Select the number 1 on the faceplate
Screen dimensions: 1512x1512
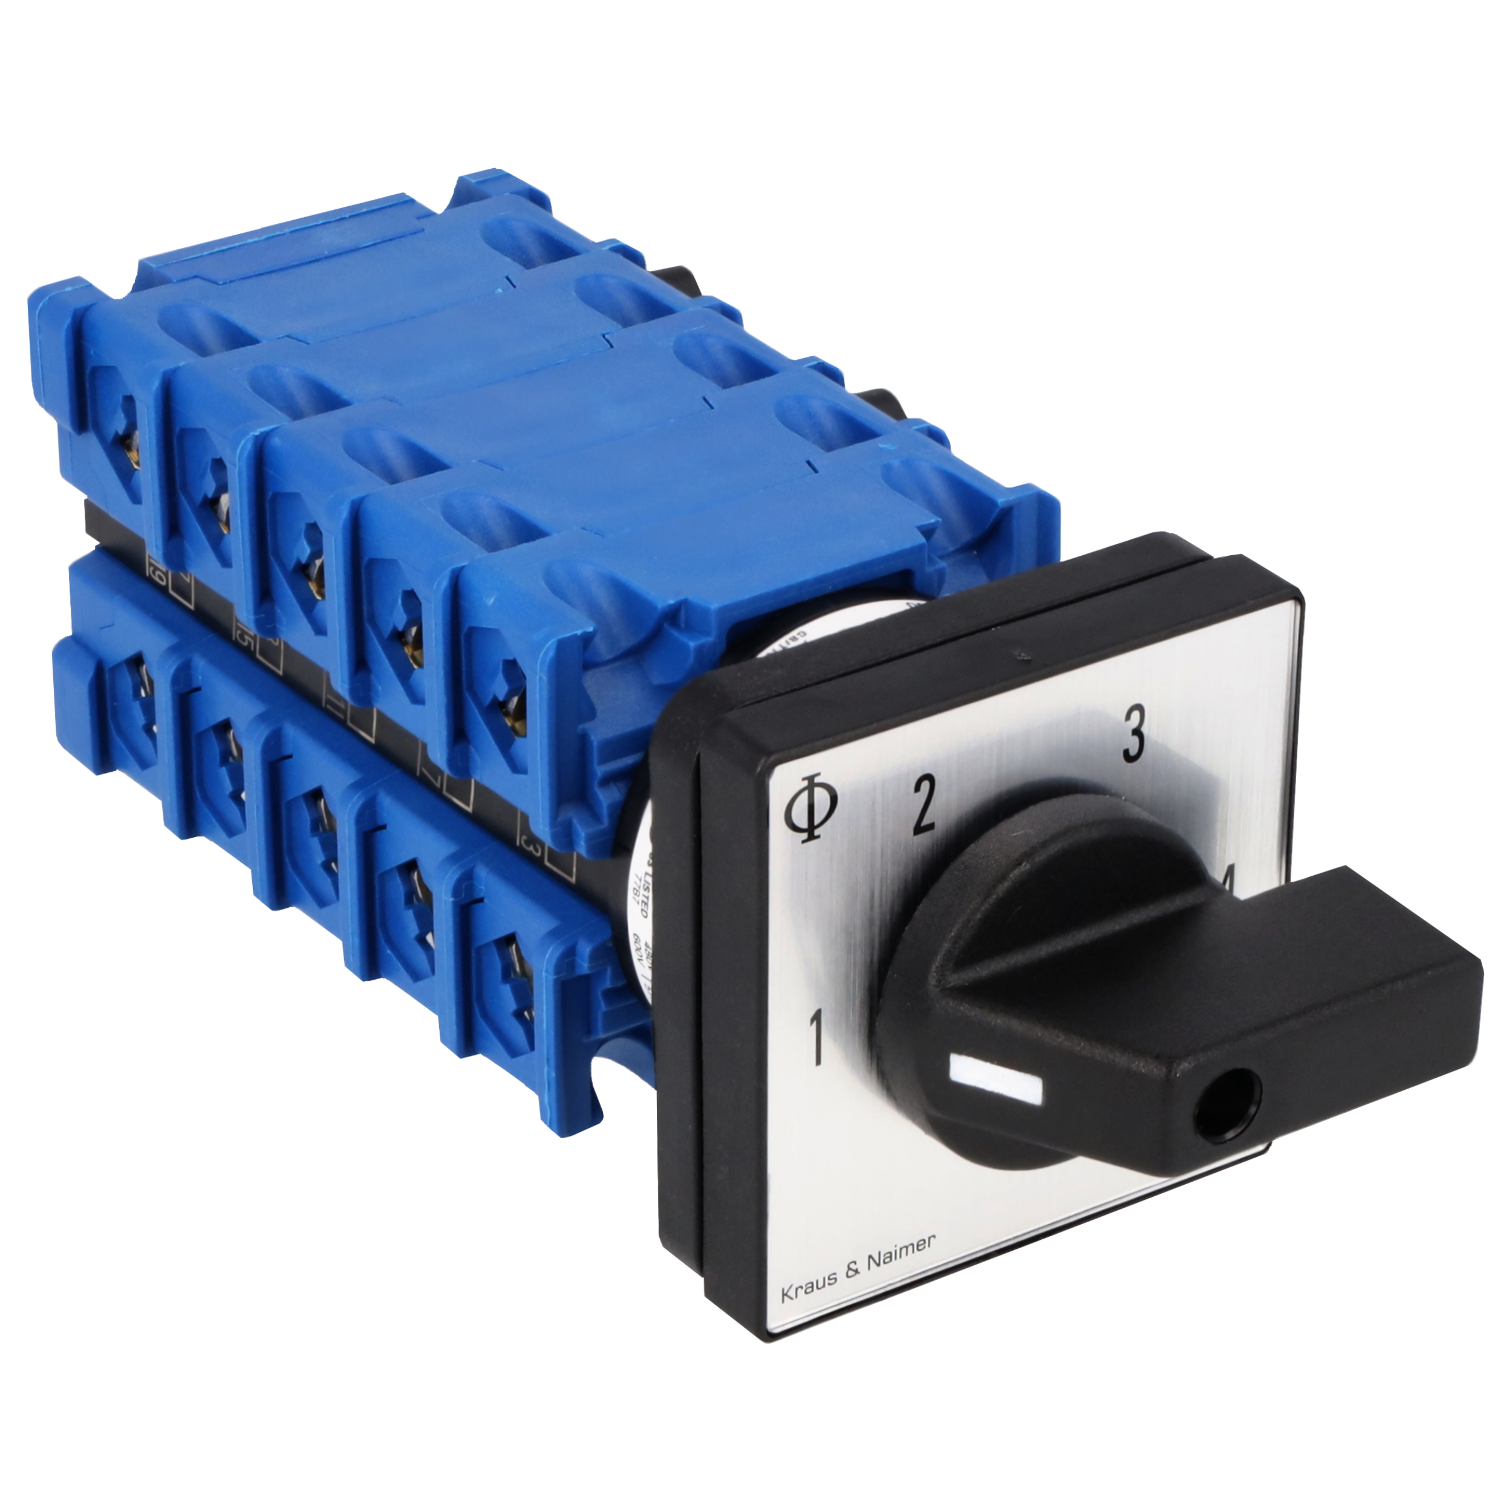816,1038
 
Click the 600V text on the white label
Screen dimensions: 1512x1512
638,951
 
